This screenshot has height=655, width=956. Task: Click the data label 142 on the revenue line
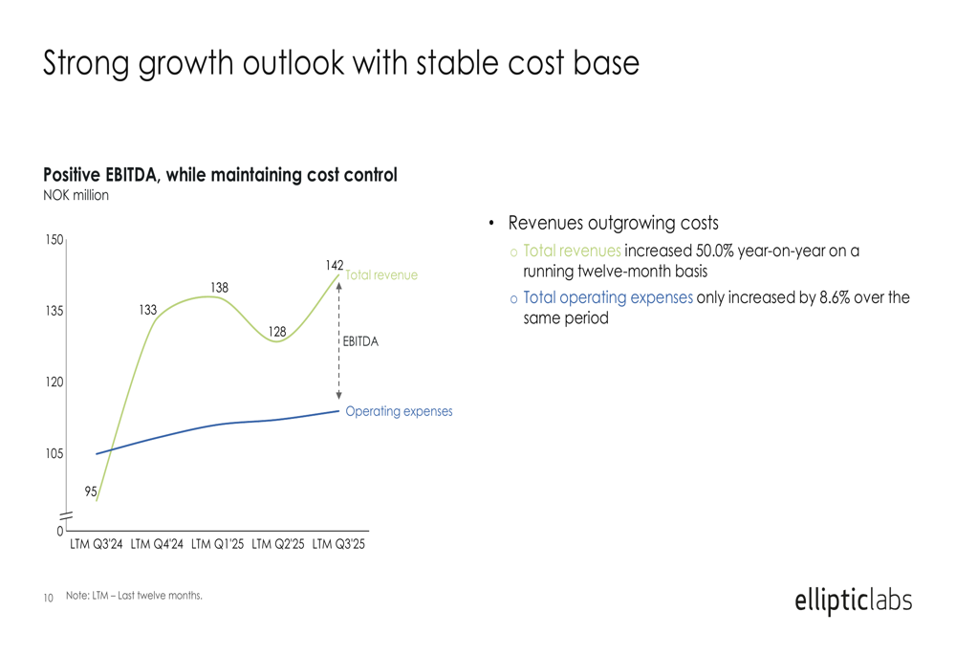pos(335,264)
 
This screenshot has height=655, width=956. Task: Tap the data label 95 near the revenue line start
pos(91,491)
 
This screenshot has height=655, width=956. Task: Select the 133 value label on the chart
pos(147,310)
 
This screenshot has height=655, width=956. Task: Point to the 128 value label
pos(277,332)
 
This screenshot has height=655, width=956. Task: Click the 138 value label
pos(220,287)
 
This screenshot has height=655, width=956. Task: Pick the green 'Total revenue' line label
pos(381,275)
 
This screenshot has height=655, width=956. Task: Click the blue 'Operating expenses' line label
pos(399,411)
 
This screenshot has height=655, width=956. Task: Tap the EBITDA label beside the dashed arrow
pos(360,341)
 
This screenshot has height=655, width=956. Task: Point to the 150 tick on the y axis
pos(54,240)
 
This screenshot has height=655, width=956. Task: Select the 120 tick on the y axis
pos(54,382)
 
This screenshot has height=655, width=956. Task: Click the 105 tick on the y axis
pos(54,453)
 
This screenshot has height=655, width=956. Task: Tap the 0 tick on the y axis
pos(59,531)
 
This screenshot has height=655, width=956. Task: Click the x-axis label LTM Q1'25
pos(217,545)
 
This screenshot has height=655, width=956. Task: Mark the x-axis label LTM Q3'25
pos(339,545)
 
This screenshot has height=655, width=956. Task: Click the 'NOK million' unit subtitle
pos(76,196)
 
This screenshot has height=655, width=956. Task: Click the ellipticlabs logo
pos(853,601)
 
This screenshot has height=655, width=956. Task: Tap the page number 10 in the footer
pos(49,599)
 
